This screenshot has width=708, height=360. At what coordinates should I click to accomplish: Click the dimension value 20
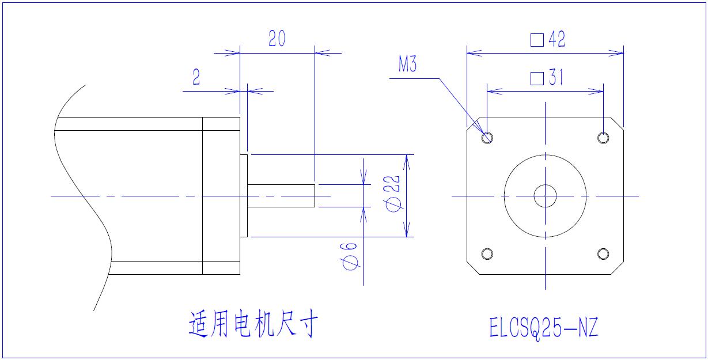point(277,39)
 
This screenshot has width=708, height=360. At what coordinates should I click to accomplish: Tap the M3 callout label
point(407,66)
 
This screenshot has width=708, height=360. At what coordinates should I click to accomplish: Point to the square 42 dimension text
point(548,40)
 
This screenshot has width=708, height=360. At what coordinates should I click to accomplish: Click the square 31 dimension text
point(547,78)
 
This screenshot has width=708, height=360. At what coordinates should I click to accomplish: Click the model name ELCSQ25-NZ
point(543,328)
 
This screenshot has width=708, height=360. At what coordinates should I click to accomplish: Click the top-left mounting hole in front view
point(487,138)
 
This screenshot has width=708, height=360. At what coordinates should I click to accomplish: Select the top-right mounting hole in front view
point(603,138)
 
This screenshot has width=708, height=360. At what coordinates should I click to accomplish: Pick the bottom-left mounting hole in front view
point(487,253)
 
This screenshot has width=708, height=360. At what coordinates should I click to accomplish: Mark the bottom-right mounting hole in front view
point(603,253)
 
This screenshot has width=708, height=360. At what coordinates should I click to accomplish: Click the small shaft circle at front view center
point(545,196)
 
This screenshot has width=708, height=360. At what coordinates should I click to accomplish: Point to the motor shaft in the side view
point(281,196)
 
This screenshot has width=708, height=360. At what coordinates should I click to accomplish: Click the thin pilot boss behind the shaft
point(244,196)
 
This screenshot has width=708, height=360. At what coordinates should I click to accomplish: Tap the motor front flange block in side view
point(221,196)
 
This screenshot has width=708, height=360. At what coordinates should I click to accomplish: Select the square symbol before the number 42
point(537,40)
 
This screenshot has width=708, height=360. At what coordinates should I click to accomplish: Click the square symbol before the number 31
point(537,78)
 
